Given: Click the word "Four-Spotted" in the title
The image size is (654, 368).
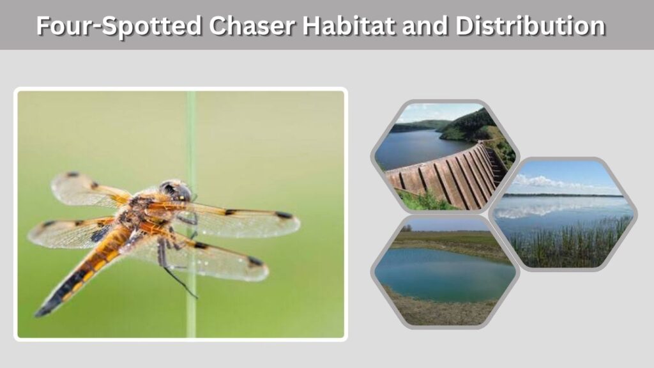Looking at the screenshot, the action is [x=119, y=26].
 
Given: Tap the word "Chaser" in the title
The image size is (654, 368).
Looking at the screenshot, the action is [x=252, y=26].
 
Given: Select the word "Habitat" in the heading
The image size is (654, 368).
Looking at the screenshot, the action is [x=349, y=26].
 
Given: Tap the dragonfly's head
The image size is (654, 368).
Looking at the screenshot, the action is [x=175, y=190].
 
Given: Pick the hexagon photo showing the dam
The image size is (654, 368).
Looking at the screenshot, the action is [x=445, y=157].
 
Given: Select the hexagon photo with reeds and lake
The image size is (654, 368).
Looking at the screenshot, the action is [x=563, y=214].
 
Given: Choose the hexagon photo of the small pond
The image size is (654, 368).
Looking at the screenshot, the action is [x=445, y=272].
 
